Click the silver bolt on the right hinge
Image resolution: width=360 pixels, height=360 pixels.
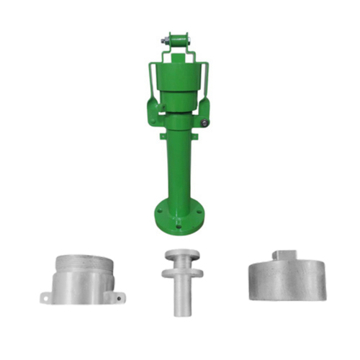[205, 123]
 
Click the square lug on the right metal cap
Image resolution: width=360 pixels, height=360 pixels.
[286, 254]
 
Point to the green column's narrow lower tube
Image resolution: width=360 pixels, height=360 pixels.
[178, 169]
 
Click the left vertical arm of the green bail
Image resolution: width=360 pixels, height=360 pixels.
[151, 79]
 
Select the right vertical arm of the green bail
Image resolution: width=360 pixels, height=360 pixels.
[207, 79]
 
